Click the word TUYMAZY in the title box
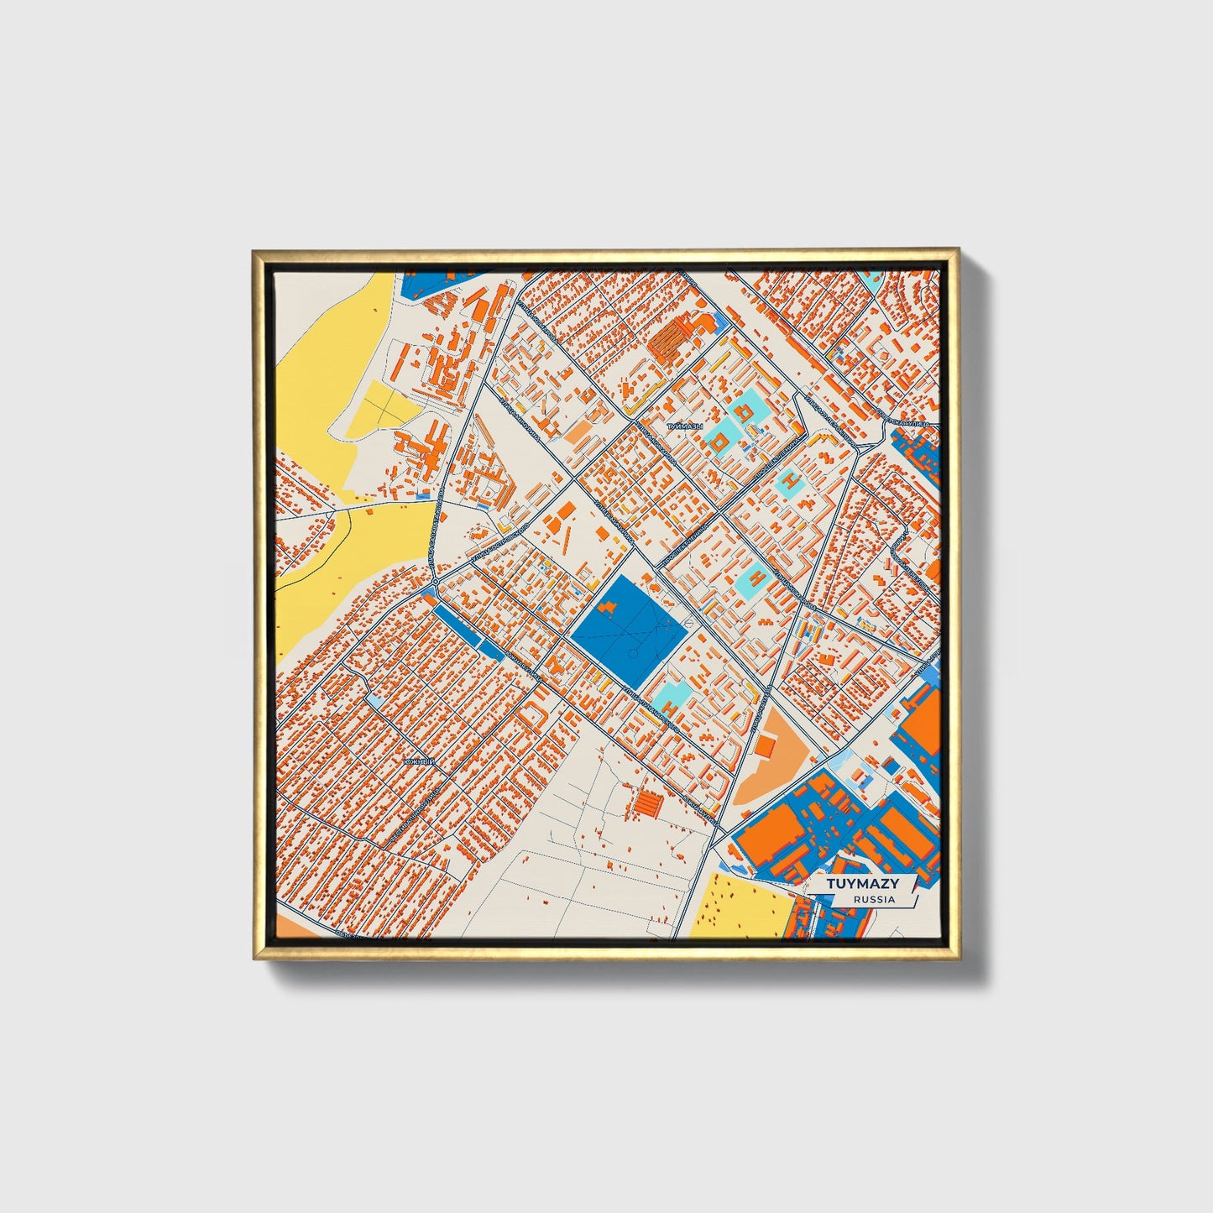coord(862,883)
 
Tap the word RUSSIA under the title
coord(874,899)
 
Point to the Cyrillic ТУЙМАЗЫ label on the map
coord(684,427)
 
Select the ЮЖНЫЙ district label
coord(419,761)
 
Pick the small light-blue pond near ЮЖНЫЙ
coord(374,699)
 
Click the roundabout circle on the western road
coord(435,580)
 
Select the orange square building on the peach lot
coord(765,746)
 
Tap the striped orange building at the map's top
coord(672,342)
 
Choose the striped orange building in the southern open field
coord(648,804)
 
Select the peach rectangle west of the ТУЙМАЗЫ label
coord(579,431)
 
